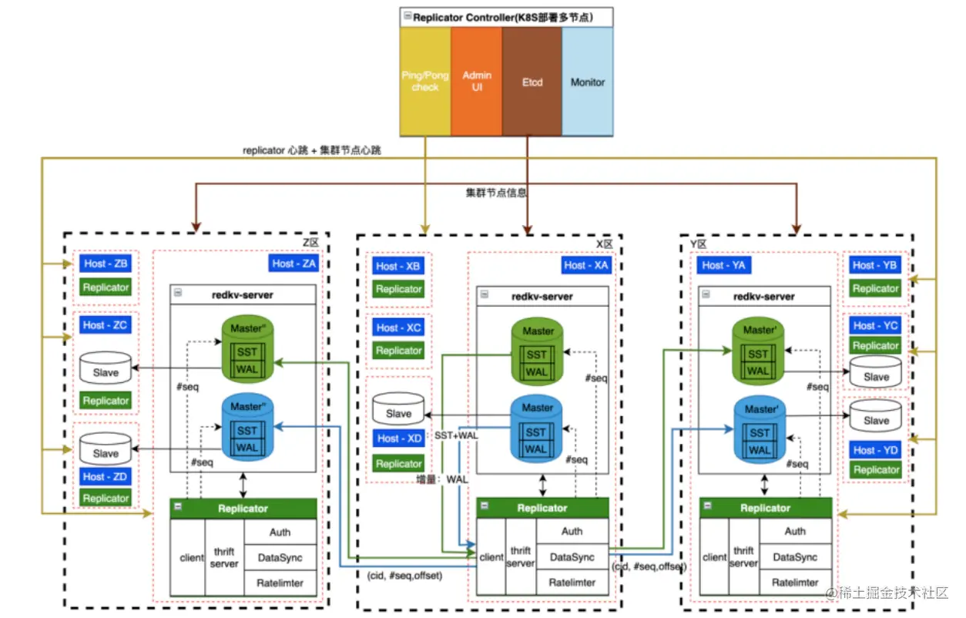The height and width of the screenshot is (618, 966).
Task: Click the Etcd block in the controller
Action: click(x=532, y=82)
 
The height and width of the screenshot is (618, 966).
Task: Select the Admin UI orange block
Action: click(x=477, y=82)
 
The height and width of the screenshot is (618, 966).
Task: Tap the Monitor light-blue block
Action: click(x=588, y=82)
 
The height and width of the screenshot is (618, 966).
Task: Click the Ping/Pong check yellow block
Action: click(x=424, y=82)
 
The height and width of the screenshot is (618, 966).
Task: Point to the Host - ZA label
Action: click(x=293, y=264)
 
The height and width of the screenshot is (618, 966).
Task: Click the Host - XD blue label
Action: click(x=399, y=438)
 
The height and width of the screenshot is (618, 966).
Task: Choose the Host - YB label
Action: click(x=875, y=265)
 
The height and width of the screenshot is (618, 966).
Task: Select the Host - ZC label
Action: click(x=106, y=325)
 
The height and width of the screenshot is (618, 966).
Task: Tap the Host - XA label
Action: click(x=585, y=265)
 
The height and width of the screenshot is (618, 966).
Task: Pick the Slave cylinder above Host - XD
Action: click(x=398, y=409)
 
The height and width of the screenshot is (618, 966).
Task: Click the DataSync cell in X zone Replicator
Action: click(x=572, y=557)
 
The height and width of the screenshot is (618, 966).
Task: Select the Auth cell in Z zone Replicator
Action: click(x=280, y=532)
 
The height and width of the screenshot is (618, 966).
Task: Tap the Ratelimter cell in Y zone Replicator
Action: click(x=795, y=583)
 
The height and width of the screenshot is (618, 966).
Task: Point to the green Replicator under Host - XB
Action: click(x=398, y=289)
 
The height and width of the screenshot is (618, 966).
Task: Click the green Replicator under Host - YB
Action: click(x=875, y=288)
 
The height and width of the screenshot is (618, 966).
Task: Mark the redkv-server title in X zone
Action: click(x=542, y=296)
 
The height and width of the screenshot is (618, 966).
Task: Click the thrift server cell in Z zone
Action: click(x=225, y=557)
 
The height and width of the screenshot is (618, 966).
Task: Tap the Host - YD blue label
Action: click(x=875, y=450)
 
